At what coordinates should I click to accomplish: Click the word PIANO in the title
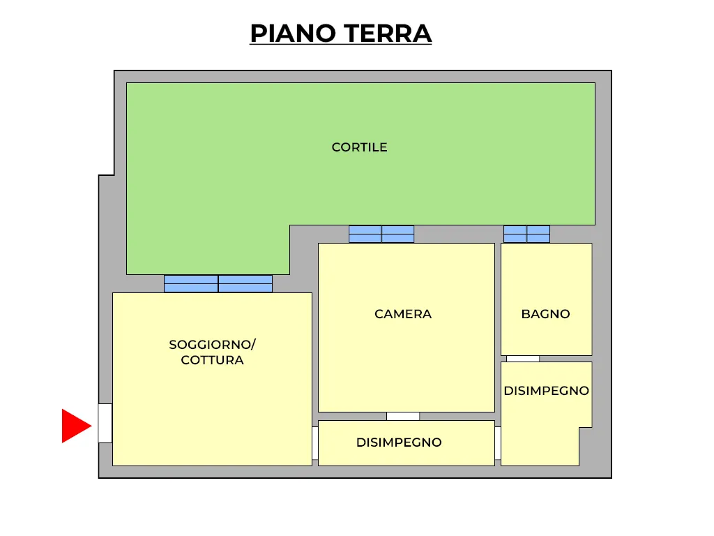click(x=293, y=33)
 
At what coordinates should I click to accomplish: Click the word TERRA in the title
click(x=388, y=33)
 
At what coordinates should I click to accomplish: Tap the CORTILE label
click(x=359, y=147)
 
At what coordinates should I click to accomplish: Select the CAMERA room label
click(x=403, y=314)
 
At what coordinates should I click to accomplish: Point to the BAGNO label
click(x=545, y=314)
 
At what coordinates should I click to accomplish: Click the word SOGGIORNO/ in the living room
click(x=212, y=345)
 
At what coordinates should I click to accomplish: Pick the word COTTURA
click(x=212, y=360)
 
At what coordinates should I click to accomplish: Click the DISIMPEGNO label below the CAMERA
click(x=399, y=442)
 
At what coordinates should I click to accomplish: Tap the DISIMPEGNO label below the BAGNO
click(x=547, y=391)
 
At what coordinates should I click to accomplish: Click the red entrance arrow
click(x=75, y=426)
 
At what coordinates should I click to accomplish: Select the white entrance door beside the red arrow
click(x=105, y=423)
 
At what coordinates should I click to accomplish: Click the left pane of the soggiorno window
click(x=191, y=283)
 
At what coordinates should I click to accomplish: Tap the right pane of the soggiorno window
click(x=245, y=283)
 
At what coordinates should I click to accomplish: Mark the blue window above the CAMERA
click(x=381, y=234)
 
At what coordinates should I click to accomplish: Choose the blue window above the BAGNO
click(x=527, y=234)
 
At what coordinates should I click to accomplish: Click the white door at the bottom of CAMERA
click(x=403, y=416)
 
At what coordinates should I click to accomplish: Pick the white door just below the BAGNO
click(x=523, y=359)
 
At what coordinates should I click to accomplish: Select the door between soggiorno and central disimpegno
click(x=315, y=443)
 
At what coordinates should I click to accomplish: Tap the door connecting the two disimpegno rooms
click(x=498, y=443)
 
